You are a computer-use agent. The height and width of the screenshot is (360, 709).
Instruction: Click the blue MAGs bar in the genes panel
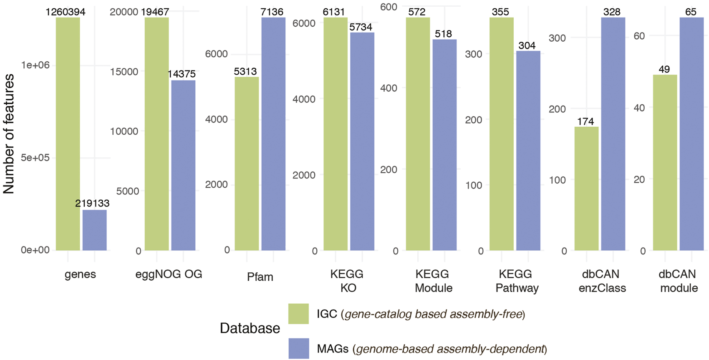click(94, 230)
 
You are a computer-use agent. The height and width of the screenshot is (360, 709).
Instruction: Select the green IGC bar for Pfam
click(247, 164)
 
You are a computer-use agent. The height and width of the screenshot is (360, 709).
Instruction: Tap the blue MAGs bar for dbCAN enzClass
click(613, 134)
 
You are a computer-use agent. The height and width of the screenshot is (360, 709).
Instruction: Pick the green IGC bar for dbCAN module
click(665, 163)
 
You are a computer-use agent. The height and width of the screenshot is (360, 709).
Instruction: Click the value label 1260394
click(66, 12)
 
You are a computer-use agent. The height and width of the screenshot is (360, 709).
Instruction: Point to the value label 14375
click(182, 74)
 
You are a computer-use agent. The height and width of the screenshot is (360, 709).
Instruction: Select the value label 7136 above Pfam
click(272, 12)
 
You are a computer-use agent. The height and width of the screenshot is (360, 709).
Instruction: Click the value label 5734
click(361, 27)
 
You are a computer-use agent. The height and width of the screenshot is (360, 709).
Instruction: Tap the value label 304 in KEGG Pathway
click(527, 45)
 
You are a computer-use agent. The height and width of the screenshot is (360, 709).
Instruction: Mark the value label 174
click(585, 121)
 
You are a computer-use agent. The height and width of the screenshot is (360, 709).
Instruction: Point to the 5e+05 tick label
click(35, 158)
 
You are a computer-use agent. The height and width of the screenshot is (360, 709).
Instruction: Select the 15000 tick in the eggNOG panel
click(124, 72)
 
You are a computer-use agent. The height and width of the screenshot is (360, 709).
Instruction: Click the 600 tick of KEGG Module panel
click(389, 7)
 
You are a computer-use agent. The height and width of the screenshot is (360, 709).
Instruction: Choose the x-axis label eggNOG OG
click(169, 274)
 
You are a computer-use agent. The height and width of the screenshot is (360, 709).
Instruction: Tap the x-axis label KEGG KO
click(347, 281)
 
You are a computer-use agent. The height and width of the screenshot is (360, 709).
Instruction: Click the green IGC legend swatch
click(298, 314)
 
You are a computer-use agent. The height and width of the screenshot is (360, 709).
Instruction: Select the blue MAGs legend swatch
click(298, 348)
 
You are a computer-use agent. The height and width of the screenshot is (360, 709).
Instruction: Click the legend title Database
click(250, 328)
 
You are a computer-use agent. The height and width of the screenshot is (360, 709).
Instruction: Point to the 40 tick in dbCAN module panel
click(639, 108)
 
